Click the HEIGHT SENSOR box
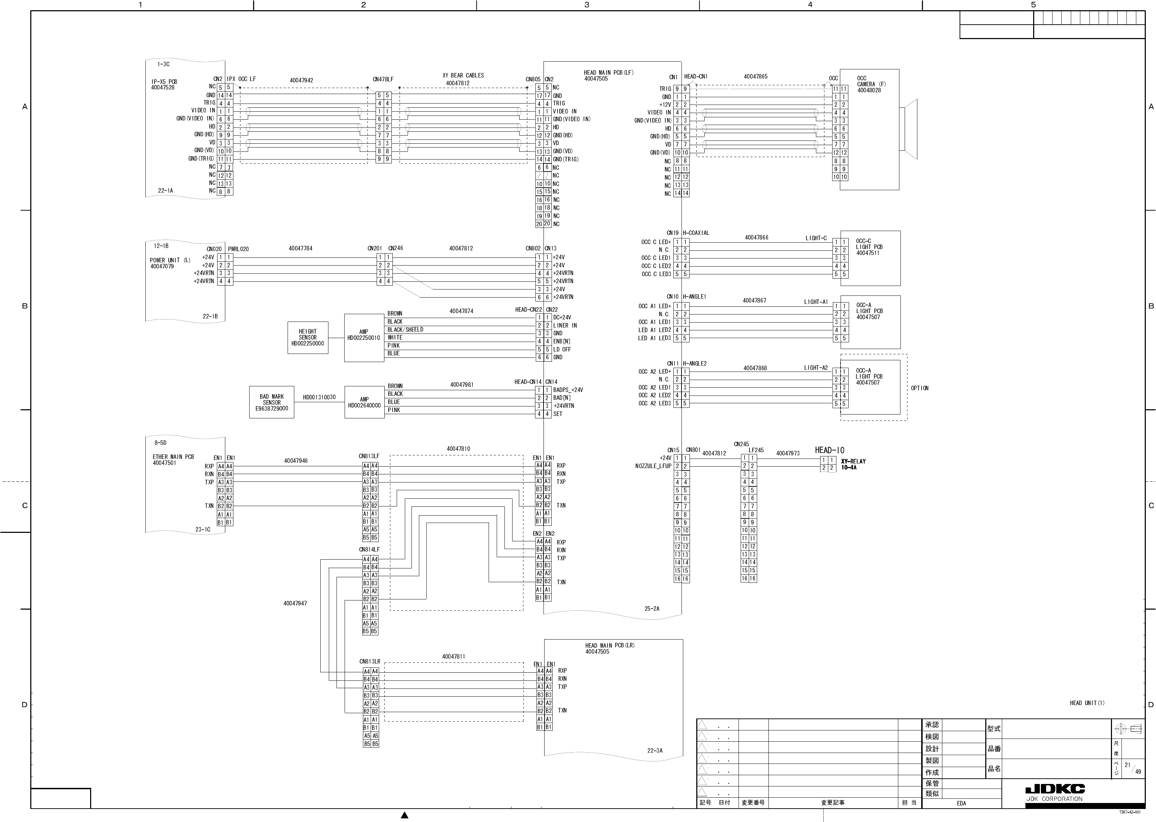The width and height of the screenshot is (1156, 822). click(x=308, y=338)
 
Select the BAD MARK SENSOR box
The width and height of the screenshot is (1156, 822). click(x=272, y=403)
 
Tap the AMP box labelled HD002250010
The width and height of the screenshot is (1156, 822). click(x=364, y=338)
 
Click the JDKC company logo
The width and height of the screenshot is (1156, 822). click(x=1055, y=789)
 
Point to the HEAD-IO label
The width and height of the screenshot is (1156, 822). click(x=829, y=450)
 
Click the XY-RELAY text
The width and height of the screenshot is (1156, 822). click(x=853, y=461)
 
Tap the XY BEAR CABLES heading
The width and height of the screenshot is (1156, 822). click(x=463, y=75)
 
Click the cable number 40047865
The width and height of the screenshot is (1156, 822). click(x=755, y=76)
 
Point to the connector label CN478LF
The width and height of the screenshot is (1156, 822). click(x=383, y=80)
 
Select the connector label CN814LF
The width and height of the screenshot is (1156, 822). click(x=369, y=549)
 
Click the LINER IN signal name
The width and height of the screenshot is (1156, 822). click(x=565, y=325)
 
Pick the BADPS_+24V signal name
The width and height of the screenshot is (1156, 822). click(x=568, y=390)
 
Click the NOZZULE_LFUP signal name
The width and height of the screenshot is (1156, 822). click(x=653, y=466)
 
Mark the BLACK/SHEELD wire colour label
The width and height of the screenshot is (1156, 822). click(x=405, y=330)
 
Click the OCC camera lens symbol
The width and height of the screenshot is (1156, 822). click(x=909, y=129)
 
